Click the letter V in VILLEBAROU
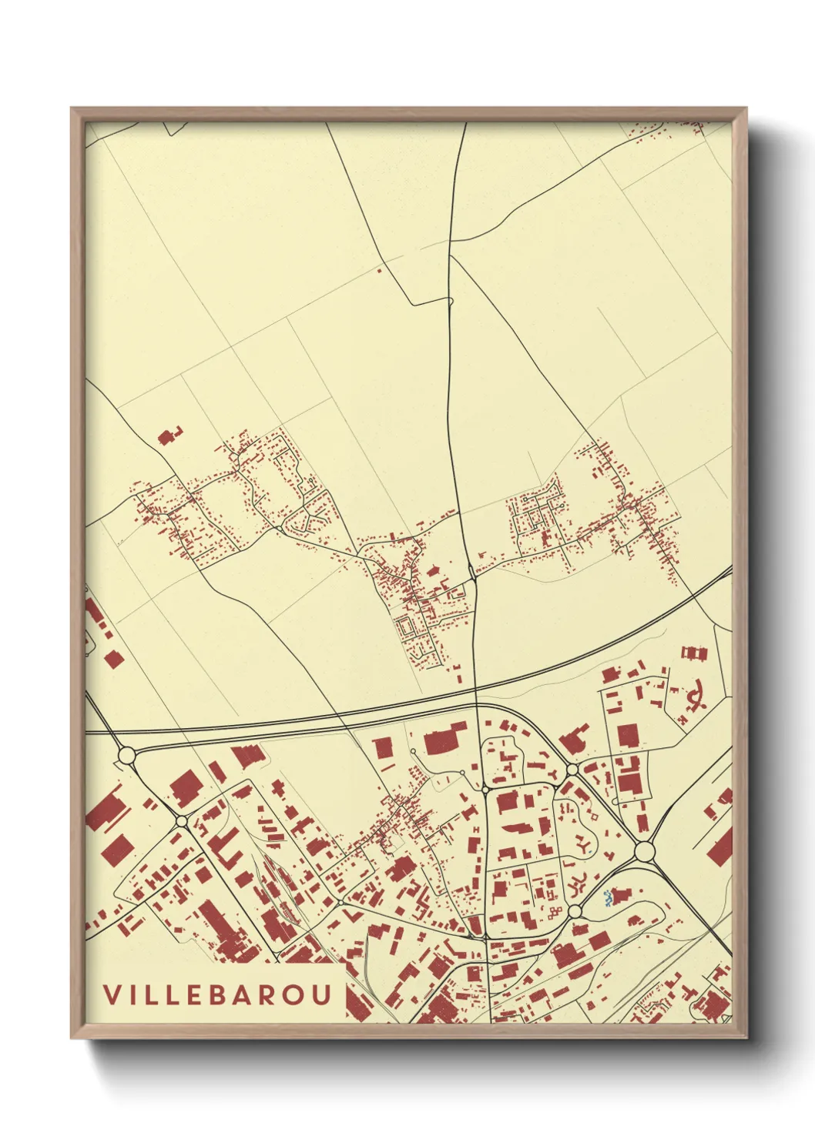pyautogui.click(x=112, y=994)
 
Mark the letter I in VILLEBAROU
pyautogui.click(x=132, y=994)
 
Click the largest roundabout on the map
pyautogui.click(x=644, y=851)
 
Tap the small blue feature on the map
pyautogui.click(x=608, y=898)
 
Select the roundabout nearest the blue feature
pyautogui.click(x=575, y=912)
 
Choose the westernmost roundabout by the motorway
pyautogui.click(x=126, y=755)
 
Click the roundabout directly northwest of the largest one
pyautogui.click(x=572, y=770)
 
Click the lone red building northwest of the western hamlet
pyautogui.click(x=167, y=437)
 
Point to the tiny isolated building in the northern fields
pyautogui.click(x=378, y=270)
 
